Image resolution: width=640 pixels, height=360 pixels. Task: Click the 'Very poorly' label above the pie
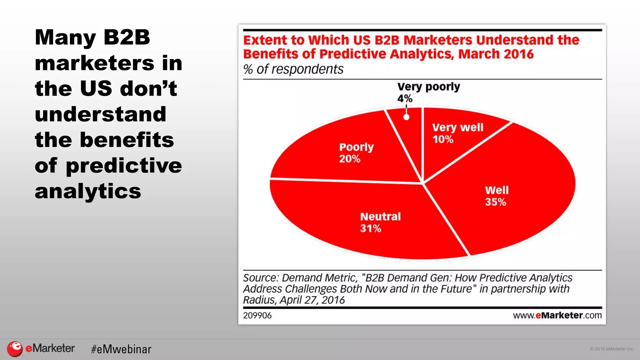pos(428,87)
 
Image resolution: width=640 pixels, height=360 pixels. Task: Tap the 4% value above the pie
pos(405,99)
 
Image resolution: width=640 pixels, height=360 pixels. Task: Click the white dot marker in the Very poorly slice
pos(406,117)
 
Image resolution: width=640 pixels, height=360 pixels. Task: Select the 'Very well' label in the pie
pos(457,127)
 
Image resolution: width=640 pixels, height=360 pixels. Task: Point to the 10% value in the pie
pos(443,139)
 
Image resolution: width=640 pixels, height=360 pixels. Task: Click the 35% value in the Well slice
pos(495,202)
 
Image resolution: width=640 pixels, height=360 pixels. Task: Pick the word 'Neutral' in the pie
pos(380,217)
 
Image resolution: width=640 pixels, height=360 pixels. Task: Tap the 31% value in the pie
pos(370,228)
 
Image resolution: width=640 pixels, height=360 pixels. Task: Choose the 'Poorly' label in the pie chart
pos(356,147)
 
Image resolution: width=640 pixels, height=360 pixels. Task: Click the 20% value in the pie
pos(350,159)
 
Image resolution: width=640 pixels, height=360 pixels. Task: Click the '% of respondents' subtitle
pos(293,69)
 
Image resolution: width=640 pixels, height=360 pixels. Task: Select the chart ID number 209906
pos(257,316)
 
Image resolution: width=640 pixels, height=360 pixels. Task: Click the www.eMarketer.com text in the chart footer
pos(557,315)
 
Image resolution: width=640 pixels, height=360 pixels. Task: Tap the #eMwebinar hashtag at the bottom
pos(121,349)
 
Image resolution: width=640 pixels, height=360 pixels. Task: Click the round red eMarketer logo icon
pos(15,349)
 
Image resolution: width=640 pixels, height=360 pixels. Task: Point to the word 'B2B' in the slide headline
pos(127,37)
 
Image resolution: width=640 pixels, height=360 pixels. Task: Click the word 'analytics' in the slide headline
pos(88,191)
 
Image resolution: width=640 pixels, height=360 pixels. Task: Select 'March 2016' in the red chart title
pos(496,54)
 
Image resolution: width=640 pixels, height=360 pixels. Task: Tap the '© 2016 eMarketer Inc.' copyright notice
pos(611,349)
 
